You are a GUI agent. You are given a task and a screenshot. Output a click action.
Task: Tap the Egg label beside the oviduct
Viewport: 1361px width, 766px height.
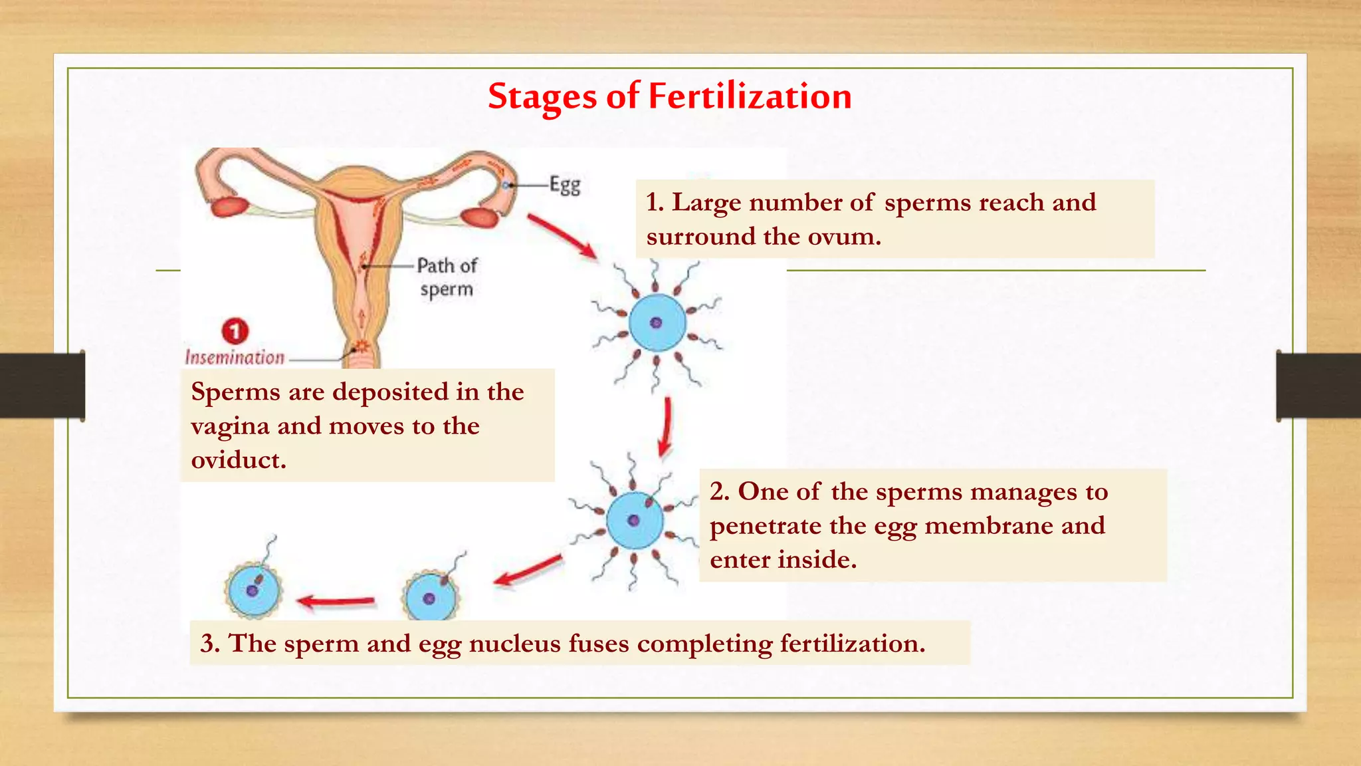coord(565,185)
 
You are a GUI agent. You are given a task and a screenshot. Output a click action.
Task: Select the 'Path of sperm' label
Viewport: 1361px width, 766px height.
coord(447,277)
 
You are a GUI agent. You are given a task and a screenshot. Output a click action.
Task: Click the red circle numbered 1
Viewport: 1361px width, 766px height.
coord(235,330)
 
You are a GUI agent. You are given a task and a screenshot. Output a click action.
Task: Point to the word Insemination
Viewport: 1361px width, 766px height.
coord(235,358)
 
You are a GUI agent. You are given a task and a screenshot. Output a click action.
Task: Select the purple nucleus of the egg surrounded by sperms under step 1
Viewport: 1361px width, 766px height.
coord(656,323)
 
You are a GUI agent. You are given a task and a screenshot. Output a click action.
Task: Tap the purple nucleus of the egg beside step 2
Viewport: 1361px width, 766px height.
coord(633,521)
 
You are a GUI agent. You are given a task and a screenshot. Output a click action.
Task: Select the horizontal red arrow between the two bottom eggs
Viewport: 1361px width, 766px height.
coord(336,601)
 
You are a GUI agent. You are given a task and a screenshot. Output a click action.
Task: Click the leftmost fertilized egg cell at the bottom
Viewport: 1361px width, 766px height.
coord(253,589)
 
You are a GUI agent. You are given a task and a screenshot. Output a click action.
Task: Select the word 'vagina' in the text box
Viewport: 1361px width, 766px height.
coord(230,426)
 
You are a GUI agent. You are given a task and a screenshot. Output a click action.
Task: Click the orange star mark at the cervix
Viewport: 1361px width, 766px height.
coord(362,346)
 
